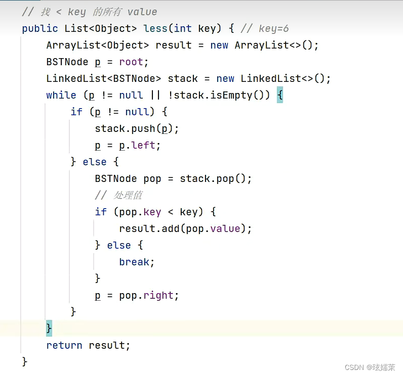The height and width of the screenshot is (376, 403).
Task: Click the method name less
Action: click(156, 28)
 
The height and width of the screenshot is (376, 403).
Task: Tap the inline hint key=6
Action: click(273, 28)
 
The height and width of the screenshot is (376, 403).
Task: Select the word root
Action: click(131, 62)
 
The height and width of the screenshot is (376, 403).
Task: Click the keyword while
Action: click(61, 95)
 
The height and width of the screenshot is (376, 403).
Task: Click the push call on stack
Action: click(143, 128)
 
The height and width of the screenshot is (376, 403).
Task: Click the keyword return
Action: click(64, 345)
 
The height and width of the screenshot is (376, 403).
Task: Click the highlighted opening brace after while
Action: click(280, 95)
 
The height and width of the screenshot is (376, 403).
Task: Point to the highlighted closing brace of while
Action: click(49, 328)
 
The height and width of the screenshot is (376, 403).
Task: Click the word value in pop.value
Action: click(225, 228)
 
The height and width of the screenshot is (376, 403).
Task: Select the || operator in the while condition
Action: click(152, 95)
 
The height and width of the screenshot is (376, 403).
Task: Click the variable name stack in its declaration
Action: click(183, 78)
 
